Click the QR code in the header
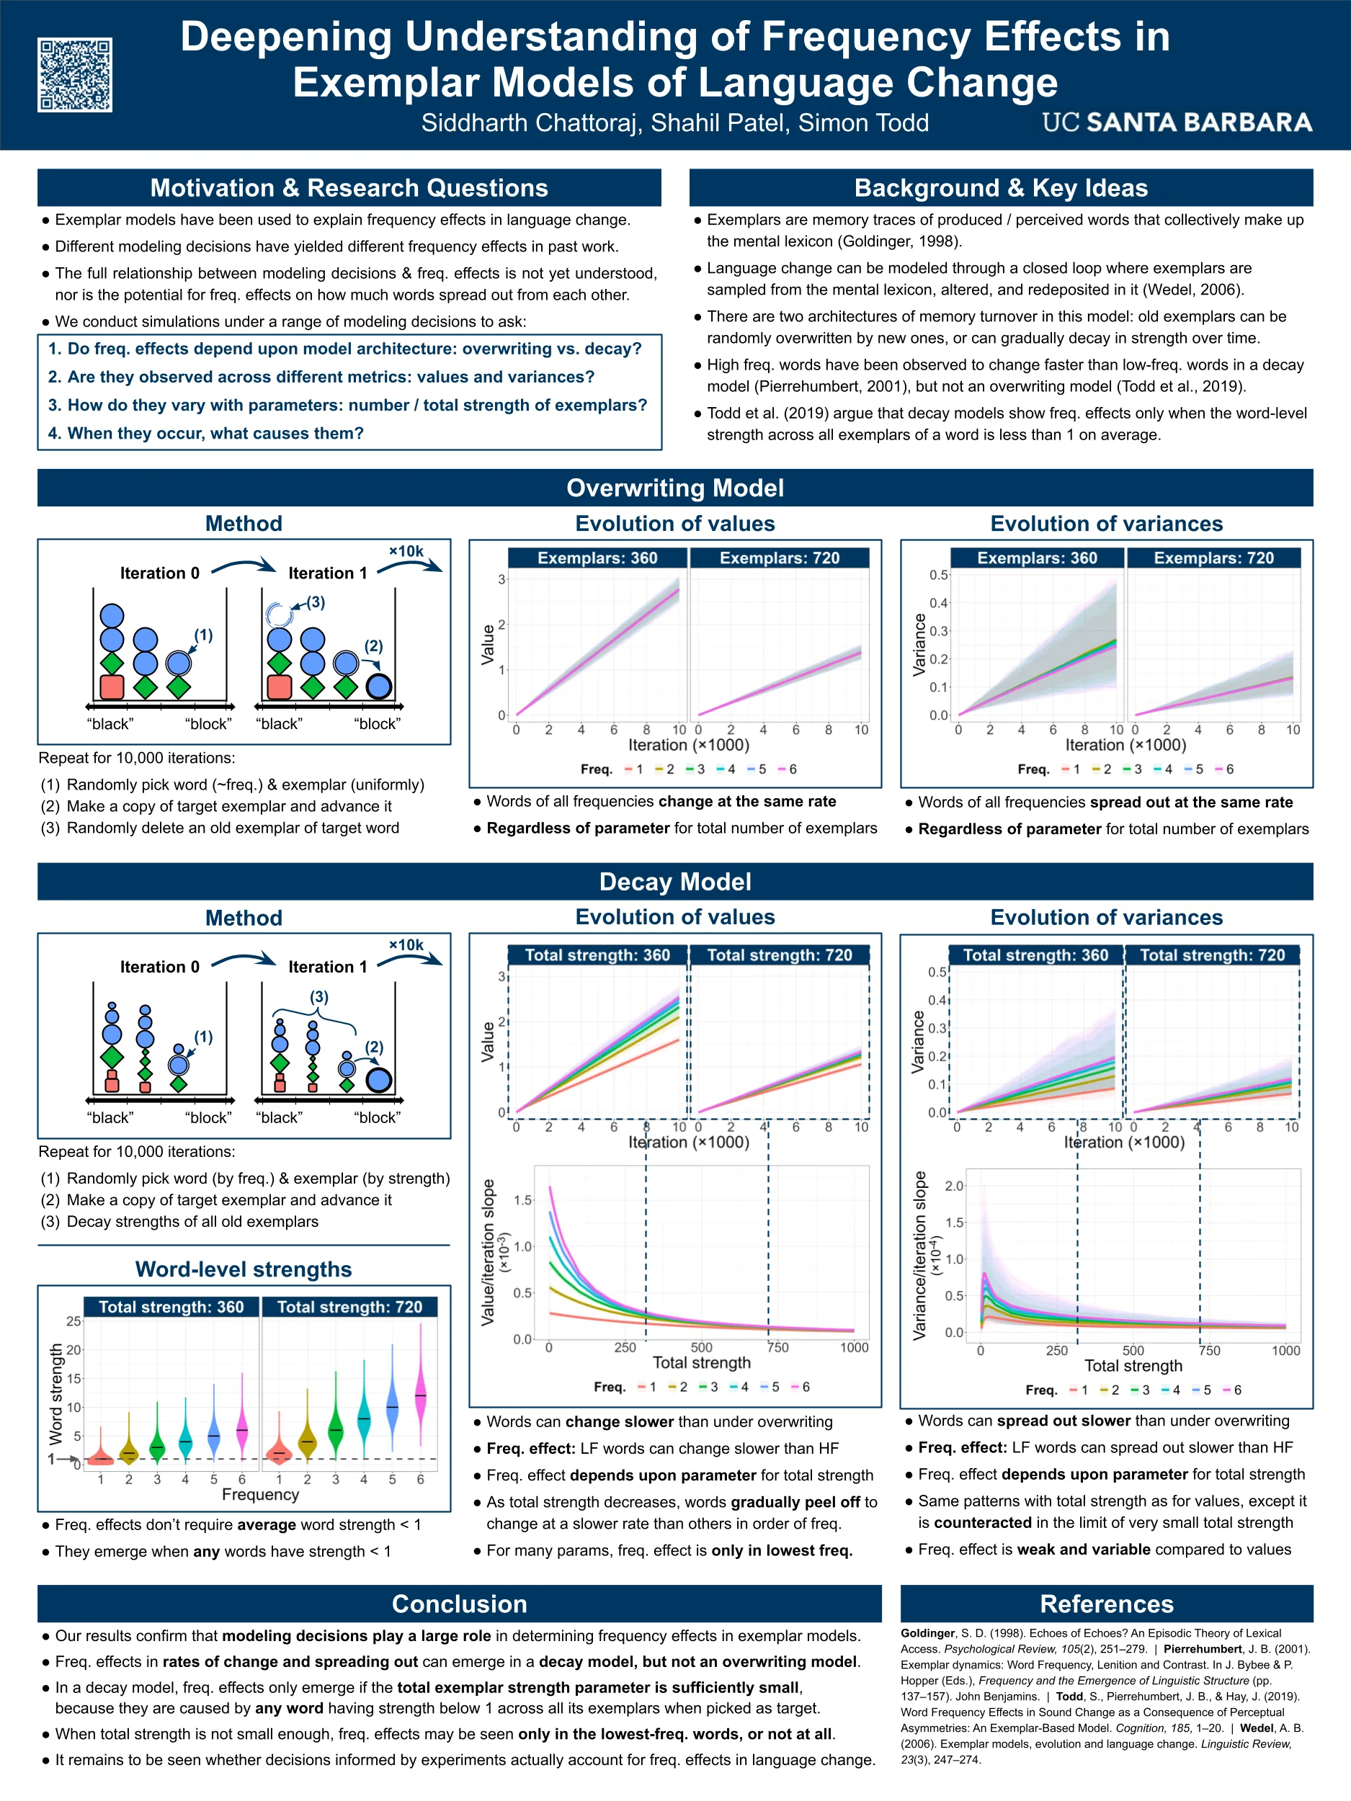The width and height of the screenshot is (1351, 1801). point(74,74)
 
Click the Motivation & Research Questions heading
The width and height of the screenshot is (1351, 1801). point(349,188)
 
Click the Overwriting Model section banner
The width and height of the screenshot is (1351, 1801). point(674,488)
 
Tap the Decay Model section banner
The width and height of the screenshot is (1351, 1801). point(674,882)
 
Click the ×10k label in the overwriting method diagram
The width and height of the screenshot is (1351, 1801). point(406,551)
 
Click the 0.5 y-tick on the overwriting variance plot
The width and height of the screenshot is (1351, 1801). point(938,575)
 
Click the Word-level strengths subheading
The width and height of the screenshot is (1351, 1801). point(243,1269)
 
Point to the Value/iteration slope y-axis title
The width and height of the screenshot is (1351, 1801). point(488,1252)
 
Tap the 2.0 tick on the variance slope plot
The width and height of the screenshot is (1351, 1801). point(953,1186)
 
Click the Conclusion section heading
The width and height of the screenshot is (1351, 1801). point(459,1603)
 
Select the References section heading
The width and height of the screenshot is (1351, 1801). point(1106,1603)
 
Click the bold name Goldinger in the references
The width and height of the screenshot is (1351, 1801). point(927,1632)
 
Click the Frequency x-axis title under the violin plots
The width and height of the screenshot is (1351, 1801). point(260,1495)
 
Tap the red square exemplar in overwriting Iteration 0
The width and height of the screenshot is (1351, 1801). point(112,687)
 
